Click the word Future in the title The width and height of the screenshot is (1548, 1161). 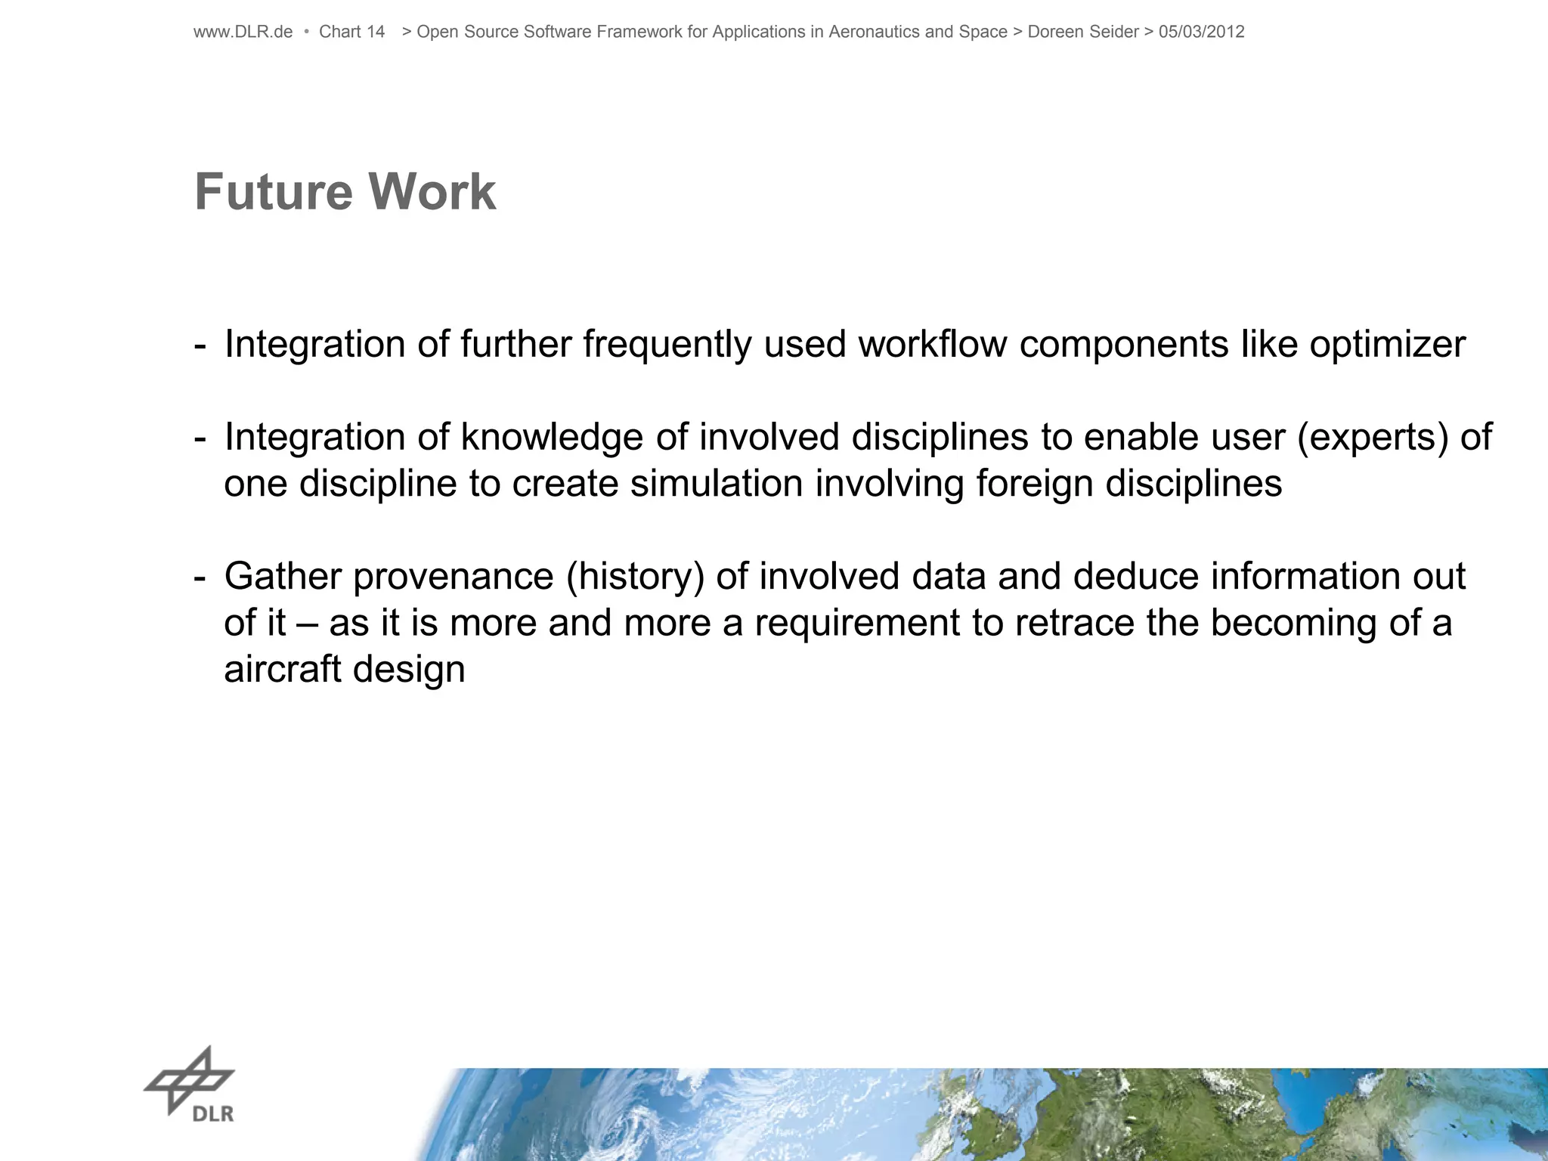click(273, 192)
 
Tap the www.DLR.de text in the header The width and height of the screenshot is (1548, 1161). click(243, 32)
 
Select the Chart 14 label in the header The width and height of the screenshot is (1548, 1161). click(351, 32)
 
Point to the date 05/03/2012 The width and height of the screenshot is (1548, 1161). click(1201, 32)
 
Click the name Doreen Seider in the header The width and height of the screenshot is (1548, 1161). click(1082, 32)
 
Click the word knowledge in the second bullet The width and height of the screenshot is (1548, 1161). click(551, 438)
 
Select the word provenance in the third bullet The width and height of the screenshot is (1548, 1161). click(454, 577)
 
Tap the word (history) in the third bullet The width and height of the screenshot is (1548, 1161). click(635, 577)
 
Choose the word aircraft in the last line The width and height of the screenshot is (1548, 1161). click(282, 670)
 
